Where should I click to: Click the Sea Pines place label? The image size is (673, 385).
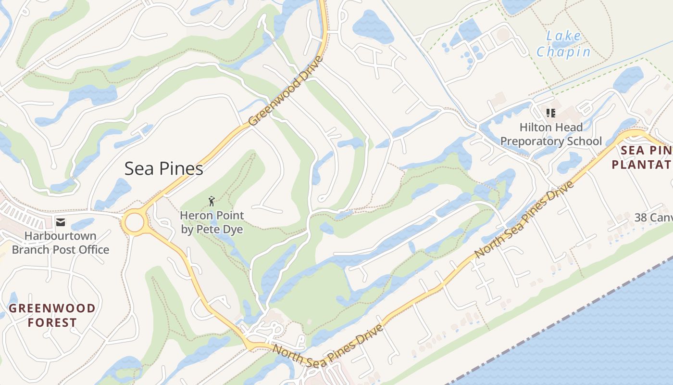click(163, 169)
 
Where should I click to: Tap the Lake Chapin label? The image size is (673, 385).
click(563, 44)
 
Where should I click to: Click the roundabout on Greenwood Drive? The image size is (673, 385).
click(134, 223)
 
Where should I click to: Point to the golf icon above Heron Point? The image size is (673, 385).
click(212, 201)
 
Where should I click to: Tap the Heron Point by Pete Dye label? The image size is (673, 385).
click(212, 222)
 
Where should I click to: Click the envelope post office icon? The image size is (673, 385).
click(61, 222)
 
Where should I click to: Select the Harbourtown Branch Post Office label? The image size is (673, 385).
click(61, 243)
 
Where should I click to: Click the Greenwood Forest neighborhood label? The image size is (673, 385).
click(52, 315)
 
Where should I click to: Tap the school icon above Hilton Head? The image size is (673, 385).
click(551, 113)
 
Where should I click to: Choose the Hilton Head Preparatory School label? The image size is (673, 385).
click(551, 134)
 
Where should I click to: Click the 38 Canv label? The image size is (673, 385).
click(653, 218)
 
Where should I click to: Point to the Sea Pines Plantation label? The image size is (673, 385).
click(642, 157)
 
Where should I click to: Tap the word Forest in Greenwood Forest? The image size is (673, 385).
click(52, 322)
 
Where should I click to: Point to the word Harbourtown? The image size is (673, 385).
click(61, 236)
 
